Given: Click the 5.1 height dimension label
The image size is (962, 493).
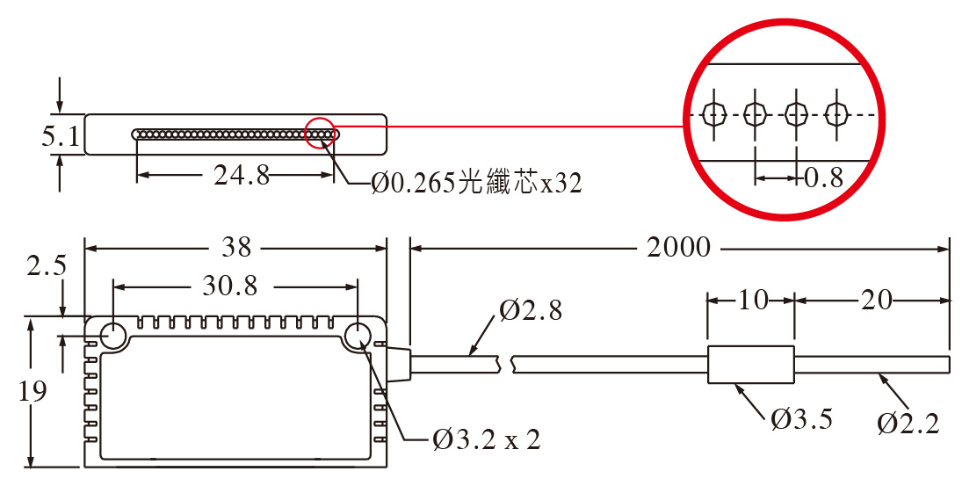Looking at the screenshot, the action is [61, 136].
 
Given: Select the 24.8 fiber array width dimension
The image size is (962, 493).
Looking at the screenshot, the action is [242, 176].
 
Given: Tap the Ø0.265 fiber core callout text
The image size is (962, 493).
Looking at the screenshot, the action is [477, 183].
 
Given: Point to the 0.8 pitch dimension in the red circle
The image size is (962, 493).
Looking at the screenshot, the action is [824, 178].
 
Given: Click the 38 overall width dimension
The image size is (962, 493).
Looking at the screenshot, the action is [236, 248].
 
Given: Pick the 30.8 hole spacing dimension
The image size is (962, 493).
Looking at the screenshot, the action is [230, 286].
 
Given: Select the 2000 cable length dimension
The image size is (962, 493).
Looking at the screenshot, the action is [678, 248].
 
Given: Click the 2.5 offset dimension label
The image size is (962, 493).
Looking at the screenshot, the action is [47, 266].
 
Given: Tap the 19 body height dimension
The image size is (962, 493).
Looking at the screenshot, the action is [33, 391].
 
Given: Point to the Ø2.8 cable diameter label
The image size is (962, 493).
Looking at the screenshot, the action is [531, 311].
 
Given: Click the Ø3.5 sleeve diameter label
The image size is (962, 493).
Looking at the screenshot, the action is [802, 419].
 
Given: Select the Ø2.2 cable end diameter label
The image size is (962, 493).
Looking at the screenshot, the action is [908, 424].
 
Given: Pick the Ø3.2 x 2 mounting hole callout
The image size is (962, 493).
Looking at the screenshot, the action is [487, 439].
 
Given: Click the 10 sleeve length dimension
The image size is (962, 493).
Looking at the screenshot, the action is [752, 301].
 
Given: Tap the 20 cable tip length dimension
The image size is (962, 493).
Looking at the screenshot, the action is [876, 301].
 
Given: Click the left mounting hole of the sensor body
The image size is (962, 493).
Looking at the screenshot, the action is [113, 336].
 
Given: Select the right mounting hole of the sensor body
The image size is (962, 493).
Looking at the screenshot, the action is [358, 336].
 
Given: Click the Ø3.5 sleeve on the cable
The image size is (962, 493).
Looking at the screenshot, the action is [751, 365].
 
